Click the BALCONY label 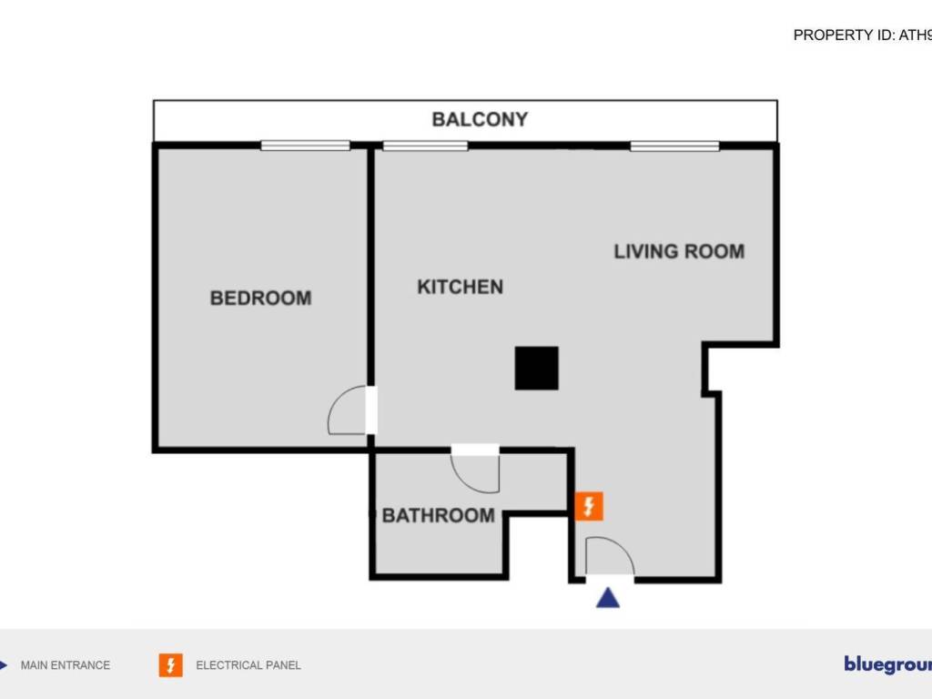point(480,119)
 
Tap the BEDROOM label point(260,298)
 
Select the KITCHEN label point(460,287)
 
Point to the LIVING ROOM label point(679,251)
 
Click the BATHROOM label point(438,515)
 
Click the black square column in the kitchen point(536,368)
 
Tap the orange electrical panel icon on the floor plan point(589,505)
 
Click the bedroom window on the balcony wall point(305,145)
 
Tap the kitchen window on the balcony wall point(425,145)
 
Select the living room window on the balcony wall point(674,145)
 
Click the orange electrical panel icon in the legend point(170,665)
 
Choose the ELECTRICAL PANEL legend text point(248,665)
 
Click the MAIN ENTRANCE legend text point(66,665)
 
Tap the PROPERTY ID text point(862,35)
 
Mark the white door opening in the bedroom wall point(371,410)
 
